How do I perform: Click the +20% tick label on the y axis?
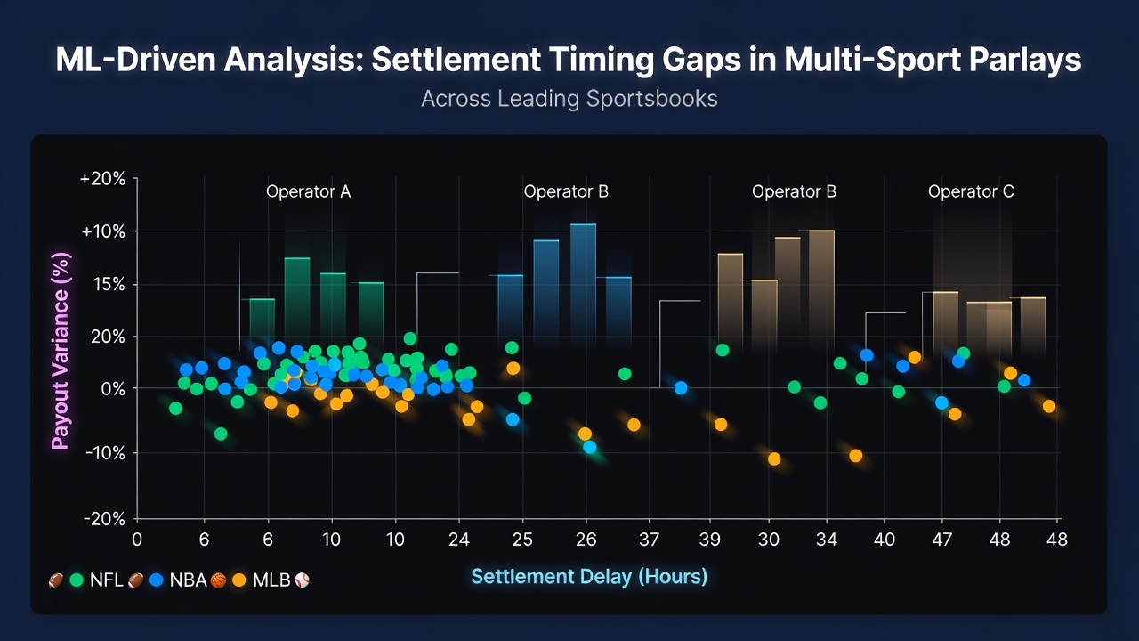(102, 179)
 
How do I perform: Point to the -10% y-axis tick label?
(105, 453)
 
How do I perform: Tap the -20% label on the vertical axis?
(105, 519)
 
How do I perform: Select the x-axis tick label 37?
(649, 540)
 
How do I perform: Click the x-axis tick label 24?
(458, 540)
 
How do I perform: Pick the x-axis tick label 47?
(941, 540)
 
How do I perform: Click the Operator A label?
(308, 191)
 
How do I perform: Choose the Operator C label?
(971, 191)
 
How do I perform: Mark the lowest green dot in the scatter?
(221, 434)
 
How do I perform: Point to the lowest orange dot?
(774, 458)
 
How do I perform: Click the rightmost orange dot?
(1049, 406)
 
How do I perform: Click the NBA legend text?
(188, 580)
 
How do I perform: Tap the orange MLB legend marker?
(239, 580)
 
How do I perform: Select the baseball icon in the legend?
(302, 580)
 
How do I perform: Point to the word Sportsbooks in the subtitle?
(652, 99)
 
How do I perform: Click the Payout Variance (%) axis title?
(61, 351)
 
